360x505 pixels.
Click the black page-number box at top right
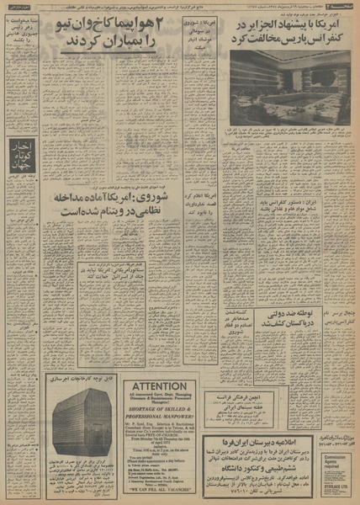click(x=344, y=7)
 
